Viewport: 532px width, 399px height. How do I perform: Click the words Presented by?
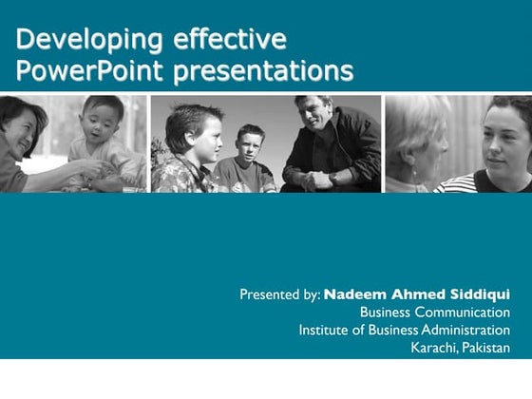[x=279, y=294]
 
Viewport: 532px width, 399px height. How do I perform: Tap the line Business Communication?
[x=434, y=313]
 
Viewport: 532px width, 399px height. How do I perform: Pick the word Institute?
[x=325, y=331]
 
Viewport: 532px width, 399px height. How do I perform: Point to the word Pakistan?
[x=487, y=349]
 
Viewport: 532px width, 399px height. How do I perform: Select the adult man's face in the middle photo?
[x=312, y=117]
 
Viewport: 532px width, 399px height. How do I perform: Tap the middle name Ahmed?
[x=416, y=294]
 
